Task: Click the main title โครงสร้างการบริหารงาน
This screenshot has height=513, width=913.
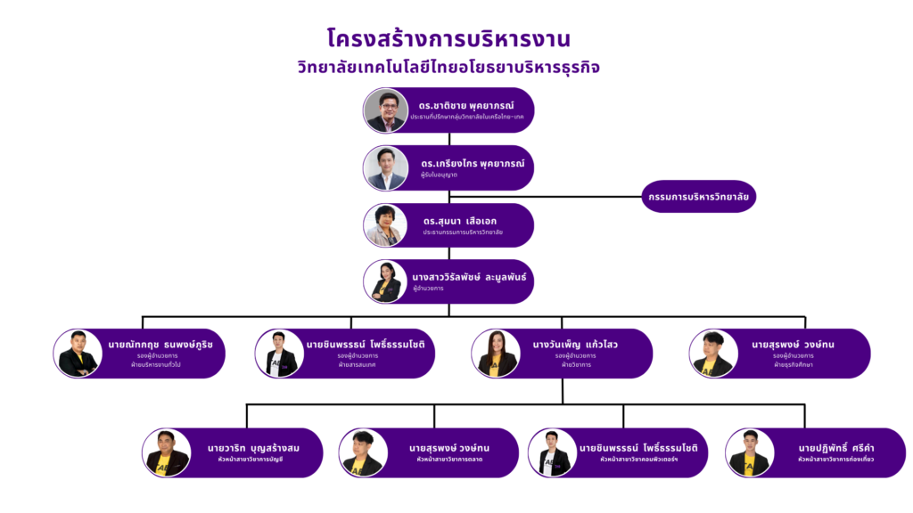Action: pyautogui.click(x=448, y=39)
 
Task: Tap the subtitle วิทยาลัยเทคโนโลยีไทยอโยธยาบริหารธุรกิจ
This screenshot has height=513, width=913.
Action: pyautogui.click(x=455, y=68)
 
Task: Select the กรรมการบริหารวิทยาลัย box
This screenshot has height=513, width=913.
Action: pyautogui.click(x=698, y=196)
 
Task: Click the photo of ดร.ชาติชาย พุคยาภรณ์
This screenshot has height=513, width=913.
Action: pyautogui.click(x=385, y=110)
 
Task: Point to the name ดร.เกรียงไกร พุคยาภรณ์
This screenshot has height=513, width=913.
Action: pyautogui.click(x=473, y=164)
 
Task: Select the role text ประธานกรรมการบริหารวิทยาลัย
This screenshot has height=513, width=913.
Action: pyautogui.click(x=463, y=232)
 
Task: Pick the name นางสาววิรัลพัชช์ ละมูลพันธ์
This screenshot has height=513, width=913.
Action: pyautogui.click(x=469, y=276)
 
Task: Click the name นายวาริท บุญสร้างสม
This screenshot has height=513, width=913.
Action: pyautogui.click(x=253, y=447)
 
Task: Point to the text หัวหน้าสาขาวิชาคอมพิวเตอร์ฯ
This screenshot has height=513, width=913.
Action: pyautogui.click(x=639, y=460)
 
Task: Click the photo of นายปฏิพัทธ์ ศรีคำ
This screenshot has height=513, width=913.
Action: pyautogui.click(x=748, y=452)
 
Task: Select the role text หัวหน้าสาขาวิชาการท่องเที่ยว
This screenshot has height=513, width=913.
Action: pyautogui.click(x=835, y=460)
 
